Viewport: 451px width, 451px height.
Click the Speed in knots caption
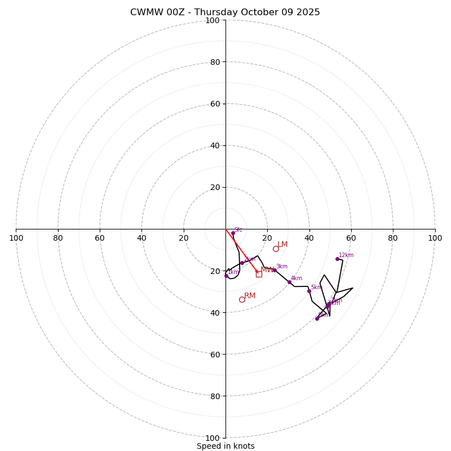225,446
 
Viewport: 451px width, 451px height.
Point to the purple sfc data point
233,233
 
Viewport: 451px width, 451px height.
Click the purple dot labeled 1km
226,276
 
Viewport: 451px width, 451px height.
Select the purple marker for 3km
275,270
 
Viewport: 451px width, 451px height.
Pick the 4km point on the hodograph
289,282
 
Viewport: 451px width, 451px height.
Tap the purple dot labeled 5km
309,291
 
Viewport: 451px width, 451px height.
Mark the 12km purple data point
337,259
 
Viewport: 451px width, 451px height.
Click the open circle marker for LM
276,249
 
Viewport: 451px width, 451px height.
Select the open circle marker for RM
242,299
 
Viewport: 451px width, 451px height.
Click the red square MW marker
259,274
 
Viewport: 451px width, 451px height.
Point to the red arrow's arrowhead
257,272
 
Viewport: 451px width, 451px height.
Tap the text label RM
250,295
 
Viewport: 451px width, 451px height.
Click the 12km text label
346,255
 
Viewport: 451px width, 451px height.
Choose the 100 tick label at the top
212,21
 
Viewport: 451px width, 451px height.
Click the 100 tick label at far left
16,238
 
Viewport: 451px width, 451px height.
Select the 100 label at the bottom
212,438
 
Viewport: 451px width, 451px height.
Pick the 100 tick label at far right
435,238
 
